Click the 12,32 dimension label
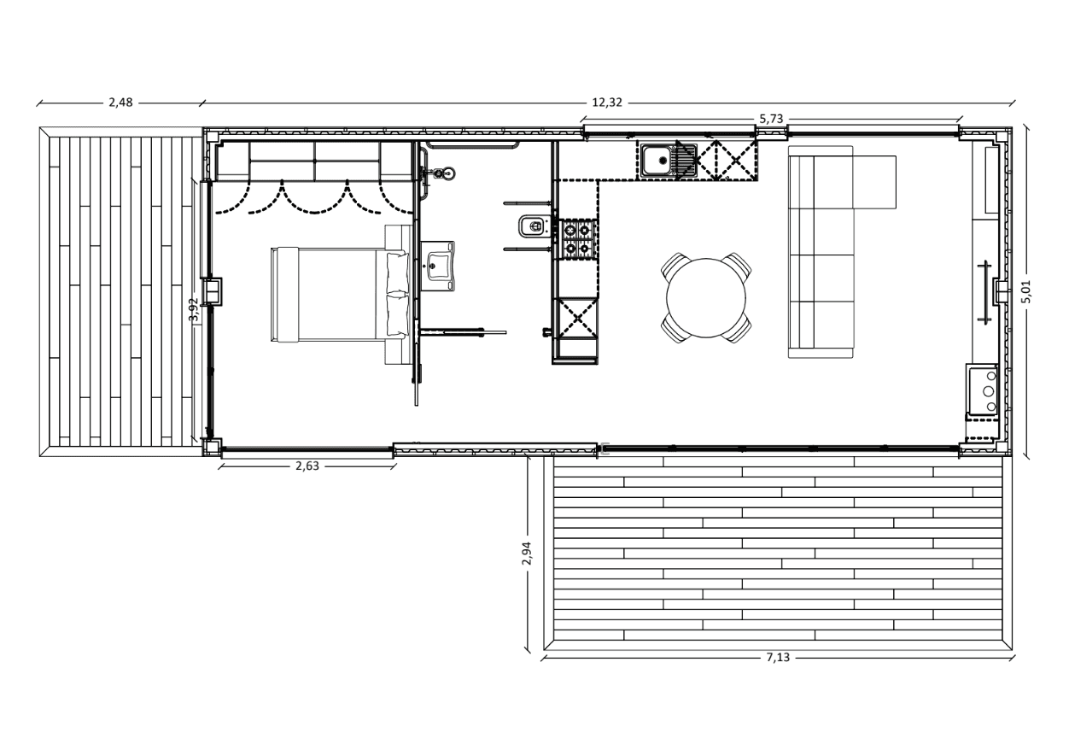(x=607, y=103)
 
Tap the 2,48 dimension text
(x=120, y=103)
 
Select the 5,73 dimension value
(x=771, y=119)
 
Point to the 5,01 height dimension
(x=1026, y=291)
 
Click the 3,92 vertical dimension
(x=193, y=310)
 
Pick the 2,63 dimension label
(x=307, y=466)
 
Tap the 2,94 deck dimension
(x=527, y=554)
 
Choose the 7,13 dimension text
(x=779, y=658)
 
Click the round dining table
(x=706, y=298)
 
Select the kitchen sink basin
(x=657, y=161)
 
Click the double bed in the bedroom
(x=340, y=294)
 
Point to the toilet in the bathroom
(x=534, y=226)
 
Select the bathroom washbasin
(x=438, y=266)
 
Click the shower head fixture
(x=444, y=173)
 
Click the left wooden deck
(x=120, y=291)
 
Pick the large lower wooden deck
(x=778, y=554)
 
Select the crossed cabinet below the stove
(x=577, y=317)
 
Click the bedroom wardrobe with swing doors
(x=314, y=161)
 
